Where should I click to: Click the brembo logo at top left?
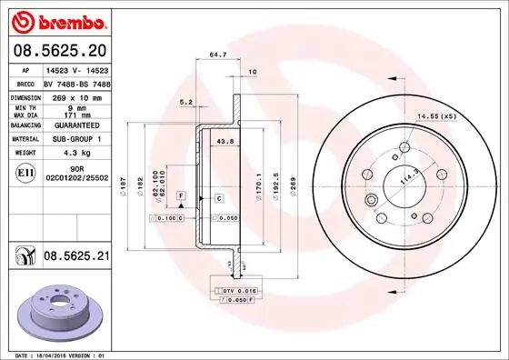pyautogui.click(x=56, y=20)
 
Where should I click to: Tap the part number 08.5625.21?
pyautogui.click(x=75, y=257)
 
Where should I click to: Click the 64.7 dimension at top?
pyautogui.click(x=217, y=56)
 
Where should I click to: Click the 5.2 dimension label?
pyautogui.click(x=185, y=102)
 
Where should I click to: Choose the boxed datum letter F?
pyautogui.click(x=182, y=196)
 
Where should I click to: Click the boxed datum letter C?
pyautogui.click(x=218, y=197)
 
